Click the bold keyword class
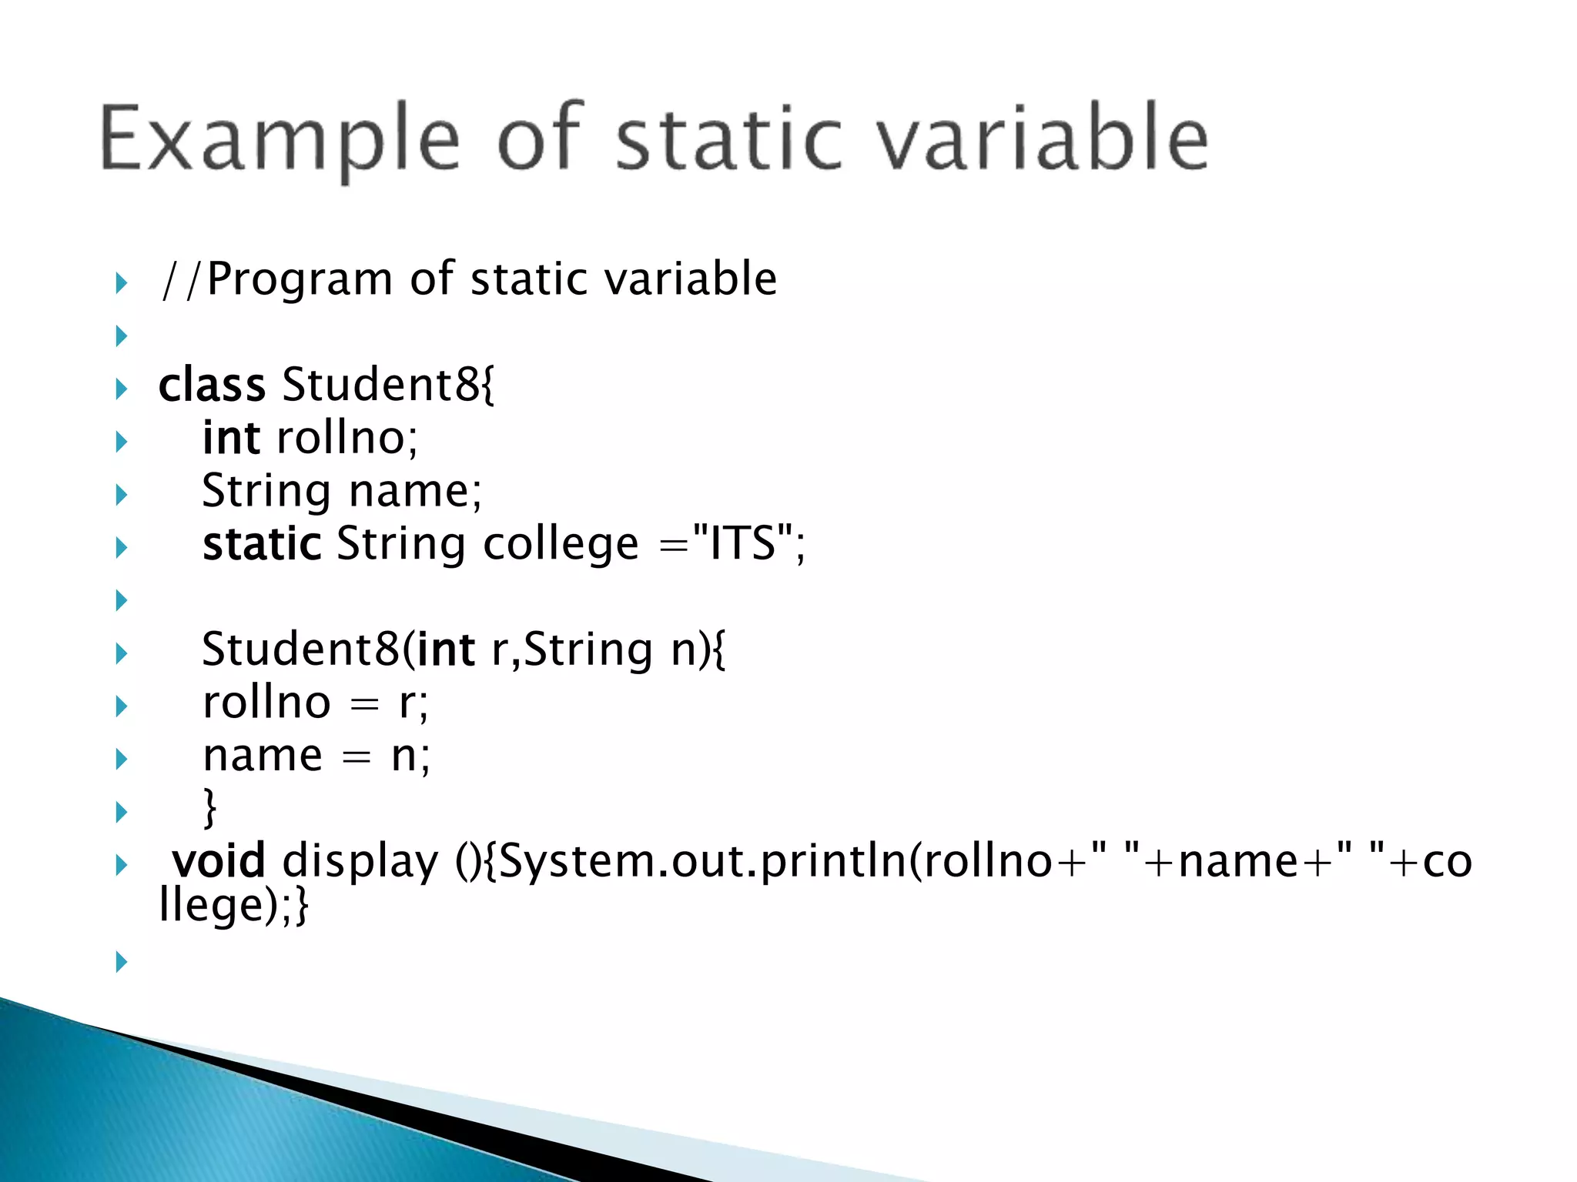pos(212,385)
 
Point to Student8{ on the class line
pos(389,385)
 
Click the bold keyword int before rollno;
pos(231,438)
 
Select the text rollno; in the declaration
pos(347,438)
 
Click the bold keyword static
pos(262,544)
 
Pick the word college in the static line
pos(561,546)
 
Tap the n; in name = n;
pos(410,756)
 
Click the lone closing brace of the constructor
pos(209,807)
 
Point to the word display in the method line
pos(360,862)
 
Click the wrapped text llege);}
pos(233,905)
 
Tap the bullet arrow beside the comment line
pos(121,282)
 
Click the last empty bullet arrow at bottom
pos(121,961)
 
